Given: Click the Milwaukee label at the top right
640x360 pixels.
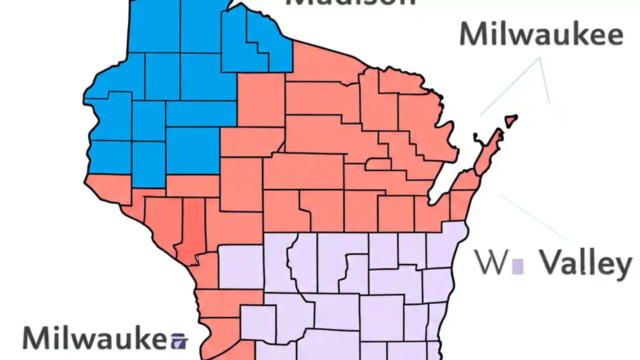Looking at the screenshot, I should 541,35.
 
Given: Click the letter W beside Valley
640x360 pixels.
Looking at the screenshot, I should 491,263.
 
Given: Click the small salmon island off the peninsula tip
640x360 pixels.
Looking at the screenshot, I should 510,120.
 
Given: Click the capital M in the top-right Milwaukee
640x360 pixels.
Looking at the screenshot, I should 472,35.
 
